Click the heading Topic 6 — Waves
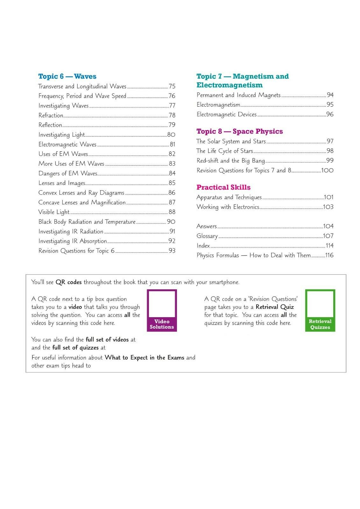(x=67, y=76)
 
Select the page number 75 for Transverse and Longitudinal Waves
(x=172, y=86)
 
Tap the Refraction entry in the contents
(x=51, y=115)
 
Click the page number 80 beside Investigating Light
(x=171, y=135)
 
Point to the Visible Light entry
(x=54, y=212)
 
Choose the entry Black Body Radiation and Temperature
(x=87, y=222)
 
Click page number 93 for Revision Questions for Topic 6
(x=172, y=251)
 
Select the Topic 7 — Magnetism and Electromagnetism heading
(x=242, y=80)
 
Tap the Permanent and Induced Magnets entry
(x=238, y=95)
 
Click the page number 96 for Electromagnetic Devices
(x=330, y=114)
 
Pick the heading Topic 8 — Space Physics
(x=239, y=131)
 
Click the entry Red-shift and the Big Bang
(x=230, y=161)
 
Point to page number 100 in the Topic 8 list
(x=327, y=171)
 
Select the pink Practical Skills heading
(x=223, y=187)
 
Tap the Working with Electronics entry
(x=228, y=207)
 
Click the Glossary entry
(x=207, y=236)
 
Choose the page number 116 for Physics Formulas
(x=329, y=255)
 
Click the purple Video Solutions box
(x=162, y=310)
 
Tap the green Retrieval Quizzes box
(x=320, y=310)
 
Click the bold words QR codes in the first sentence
(x=68, y=282)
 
